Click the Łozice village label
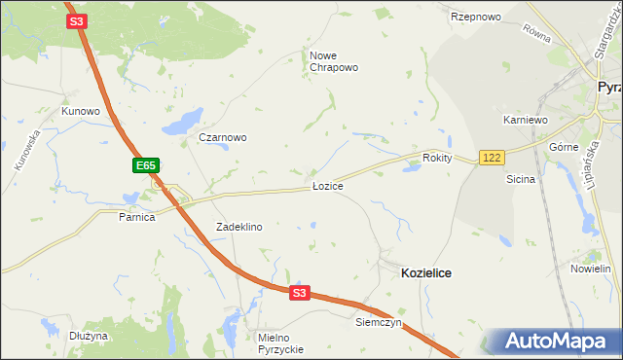point(327,185)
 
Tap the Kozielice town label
point(426,274)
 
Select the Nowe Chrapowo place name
point(334,61)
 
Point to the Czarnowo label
point(222,137)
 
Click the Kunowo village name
point(81,111)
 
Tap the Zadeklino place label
point(238,226)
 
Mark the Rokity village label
point(438,158)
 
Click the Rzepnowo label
point(475,18)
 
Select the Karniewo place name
point(526,120)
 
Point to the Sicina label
point(521,179)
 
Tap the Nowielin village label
point(590,268)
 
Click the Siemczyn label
point(379,322)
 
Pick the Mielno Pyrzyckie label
point(280,342)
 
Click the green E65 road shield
point(146,166)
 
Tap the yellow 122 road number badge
point(491,158)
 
